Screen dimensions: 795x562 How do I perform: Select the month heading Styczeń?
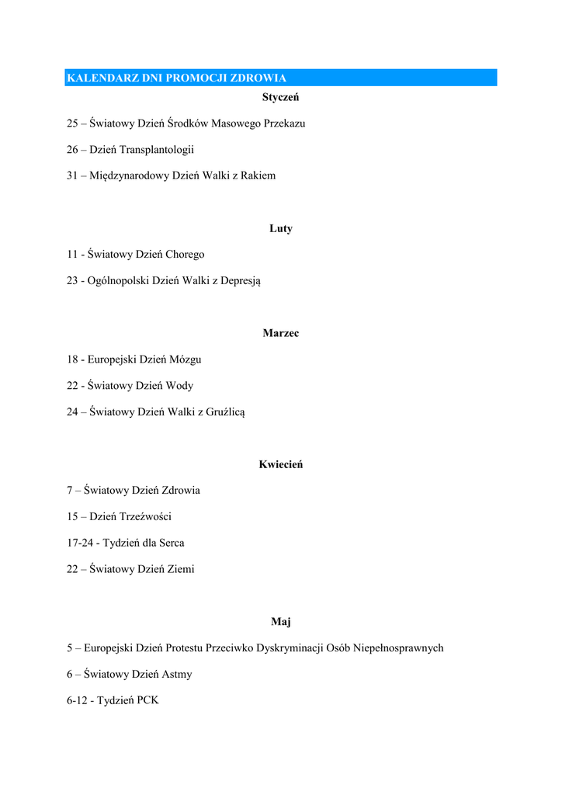tap(281, 97)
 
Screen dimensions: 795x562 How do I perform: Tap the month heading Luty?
tap(281, 228)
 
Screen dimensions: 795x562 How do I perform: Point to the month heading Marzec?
tap(281, 333)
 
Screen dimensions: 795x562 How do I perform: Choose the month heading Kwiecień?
tap(281, 464)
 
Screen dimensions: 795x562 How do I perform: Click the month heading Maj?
tap(281, 621)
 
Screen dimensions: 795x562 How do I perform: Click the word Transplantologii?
tap(157, 149)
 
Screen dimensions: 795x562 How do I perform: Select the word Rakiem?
tap(258, 175)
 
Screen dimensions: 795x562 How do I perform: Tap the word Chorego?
tap(185, 254)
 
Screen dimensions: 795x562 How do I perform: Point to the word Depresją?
tap(241, 281)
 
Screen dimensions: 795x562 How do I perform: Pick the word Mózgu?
tap(185, 359)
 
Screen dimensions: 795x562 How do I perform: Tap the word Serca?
tap(171, 543)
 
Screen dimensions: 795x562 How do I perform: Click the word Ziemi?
tap(180, 569)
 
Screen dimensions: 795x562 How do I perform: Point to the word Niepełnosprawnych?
tap(398, 647)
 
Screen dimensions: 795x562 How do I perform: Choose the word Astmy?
tap(177, 674)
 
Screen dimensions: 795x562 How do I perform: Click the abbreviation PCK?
tap(147, 700)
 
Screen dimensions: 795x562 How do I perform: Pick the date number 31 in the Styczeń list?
tap(72, 175)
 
